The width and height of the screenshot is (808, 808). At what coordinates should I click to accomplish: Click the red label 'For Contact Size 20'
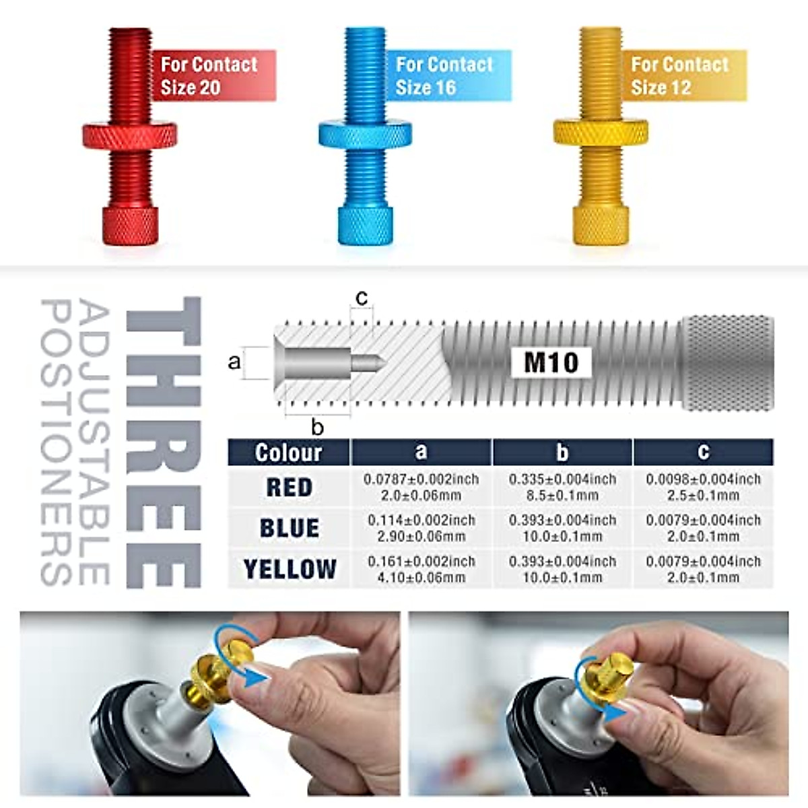point(212,75)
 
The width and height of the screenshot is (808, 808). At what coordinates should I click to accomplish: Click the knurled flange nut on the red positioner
point(130,135)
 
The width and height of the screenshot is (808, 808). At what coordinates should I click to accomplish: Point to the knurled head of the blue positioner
point(365,226)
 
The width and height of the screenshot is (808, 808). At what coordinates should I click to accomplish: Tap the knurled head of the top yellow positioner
point(601,226)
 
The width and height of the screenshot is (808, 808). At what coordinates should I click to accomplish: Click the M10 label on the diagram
point(551,362)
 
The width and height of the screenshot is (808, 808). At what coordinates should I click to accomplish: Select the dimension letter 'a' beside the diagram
point(234,362)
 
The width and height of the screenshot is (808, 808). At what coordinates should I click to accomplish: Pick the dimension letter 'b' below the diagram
point(318,426)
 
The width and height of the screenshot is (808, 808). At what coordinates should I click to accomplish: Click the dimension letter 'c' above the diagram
point(362,298)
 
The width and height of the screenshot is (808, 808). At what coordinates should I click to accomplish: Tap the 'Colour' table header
point(288,452)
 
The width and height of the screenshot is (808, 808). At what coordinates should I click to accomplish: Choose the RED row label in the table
point(289,487)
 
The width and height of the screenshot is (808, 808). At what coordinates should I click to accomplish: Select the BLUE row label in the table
point(289,529)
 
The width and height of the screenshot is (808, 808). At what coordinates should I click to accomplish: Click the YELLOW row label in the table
point(290,570)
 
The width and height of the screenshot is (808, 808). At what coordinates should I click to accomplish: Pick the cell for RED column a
point(421,487)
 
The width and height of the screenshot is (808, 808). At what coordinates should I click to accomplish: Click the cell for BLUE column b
point(562,529)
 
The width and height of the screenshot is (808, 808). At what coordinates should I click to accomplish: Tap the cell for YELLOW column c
point(703,570)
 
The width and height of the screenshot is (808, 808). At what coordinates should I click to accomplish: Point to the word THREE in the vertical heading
point(163,442)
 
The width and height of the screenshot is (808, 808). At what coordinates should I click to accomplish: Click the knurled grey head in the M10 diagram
point(727,362)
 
